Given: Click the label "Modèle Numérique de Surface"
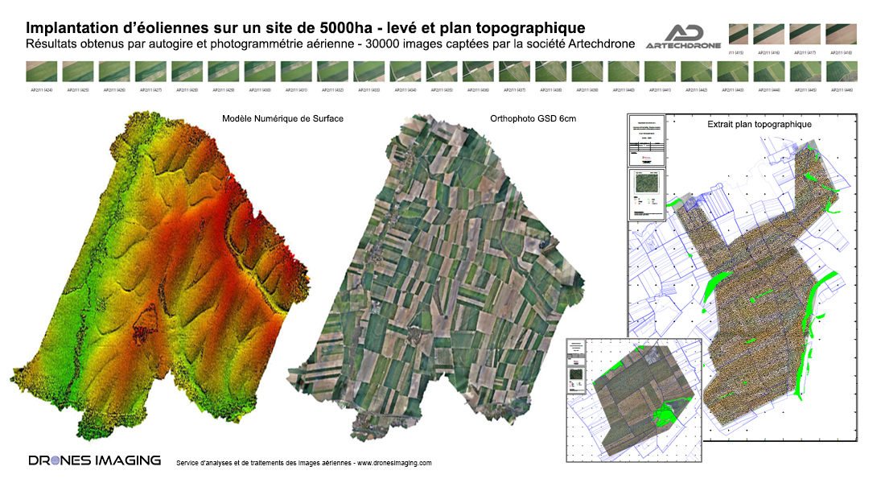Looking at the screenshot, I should (x=282, y=119).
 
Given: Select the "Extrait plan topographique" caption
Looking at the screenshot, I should (x=759, y=125).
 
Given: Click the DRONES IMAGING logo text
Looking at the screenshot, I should (x=94, y=460).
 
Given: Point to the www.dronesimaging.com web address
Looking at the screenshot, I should (x=394, y=463).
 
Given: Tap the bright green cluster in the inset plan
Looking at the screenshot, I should (x=664, y=414).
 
